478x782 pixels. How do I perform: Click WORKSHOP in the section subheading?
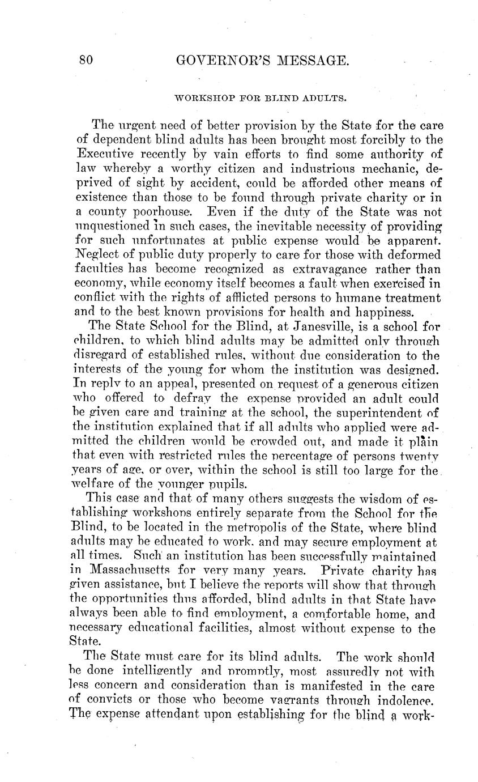198,98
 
